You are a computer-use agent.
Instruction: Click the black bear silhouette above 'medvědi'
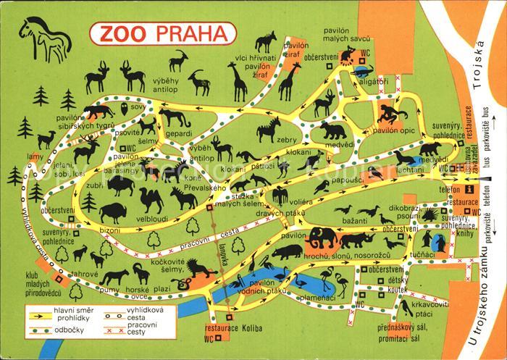pos(332,130)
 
